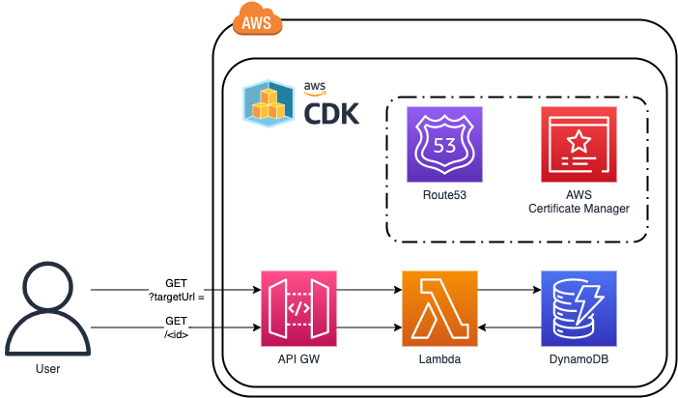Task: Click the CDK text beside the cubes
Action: pyautogui.click(x=330, y=114)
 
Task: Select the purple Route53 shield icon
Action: pyautogui.click(x=444, y=144)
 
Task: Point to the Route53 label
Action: pyautogui.click(x=444, y=194)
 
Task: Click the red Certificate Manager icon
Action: pyautogui.click(x=579, y=144)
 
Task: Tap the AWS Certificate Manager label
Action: pyautogui.click(x=579, y=202)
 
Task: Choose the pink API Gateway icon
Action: pyautogui.click(x=298, y=308)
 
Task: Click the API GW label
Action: pyautogui.click(x=298, y=359)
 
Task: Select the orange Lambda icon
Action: pyautogui.click(x=439, y=308)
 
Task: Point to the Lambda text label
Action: pyautogui.click(x=439, y=359)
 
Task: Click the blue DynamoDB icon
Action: pyautogui.click(x=579, y=308)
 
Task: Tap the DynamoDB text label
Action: pyautogui.click(x=579, y=359)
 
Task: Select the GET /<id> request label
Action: pyautogui.click(x=176, y=327)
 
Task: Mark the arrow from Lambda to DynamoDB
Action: pyautogui.click(x=508, y=289)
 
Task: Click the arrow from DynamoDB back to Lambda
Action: pyautogui.click(x=508, y=328)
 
